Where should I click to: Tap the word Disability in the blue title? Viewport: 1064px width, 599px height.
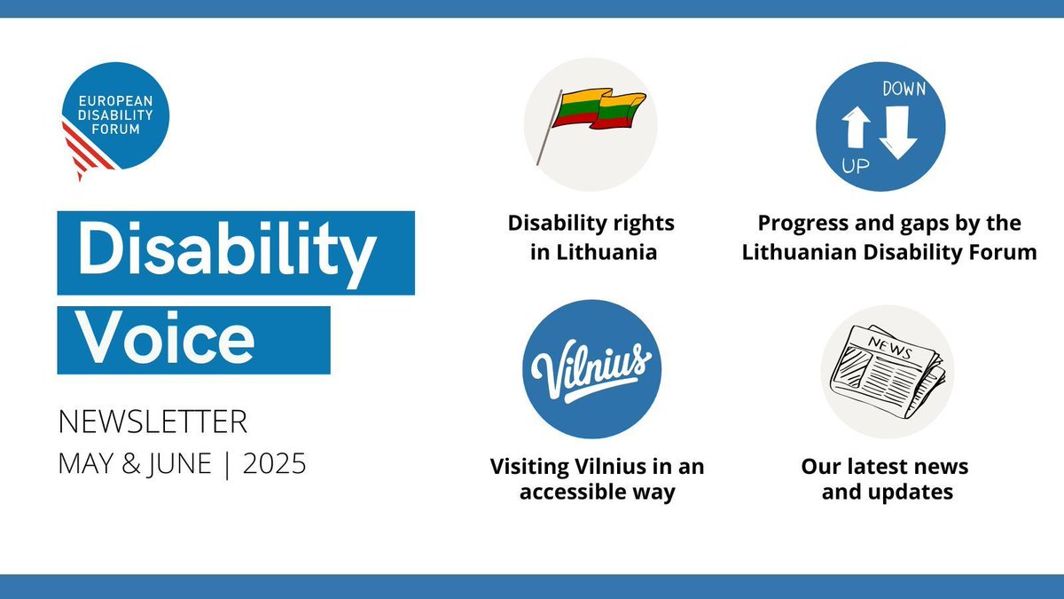[225, 251]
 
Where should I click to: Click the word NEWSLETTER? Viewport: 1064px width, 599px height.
[153, 422]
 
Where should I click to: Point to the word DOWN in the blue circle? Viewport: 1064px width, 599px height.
[904, 88]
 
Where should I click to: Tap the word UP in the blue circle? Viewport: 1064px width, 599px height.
[856, 166]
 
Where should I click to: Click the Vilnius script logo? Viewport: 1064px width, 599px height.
[591, 368]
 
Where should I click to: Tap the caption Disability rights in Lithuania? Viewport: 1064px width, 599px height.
[591, 237]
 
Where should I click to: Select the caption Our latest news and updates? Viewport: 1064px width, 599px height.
[885, 478]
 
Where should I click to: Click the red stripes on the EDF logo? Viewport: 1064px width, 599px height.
[86, 151]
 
